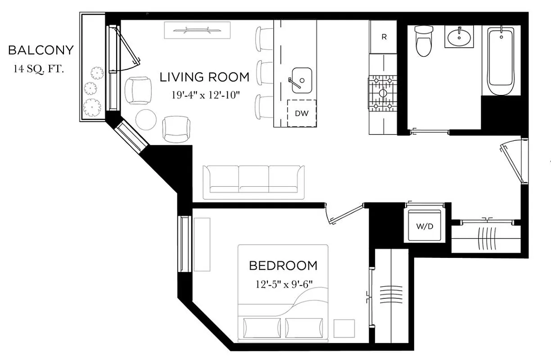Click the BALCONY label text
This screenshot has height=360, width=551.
click(41, 50)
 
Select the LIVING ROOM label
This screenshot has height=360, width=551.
click(204, 77)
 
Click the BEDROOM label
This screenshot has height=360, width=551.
click(283, 265)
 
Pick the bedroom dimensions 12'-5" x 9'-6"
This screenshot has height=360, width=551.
click(283, 284)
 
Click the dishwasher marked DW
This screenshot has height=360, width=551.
click(302, 113)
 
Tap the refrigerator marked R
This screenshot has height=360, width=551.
click(384, 37)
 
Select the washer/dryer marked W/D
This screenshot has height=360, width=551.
click(424, 226)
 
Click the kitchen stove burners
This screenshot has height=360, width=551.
click(383, 93)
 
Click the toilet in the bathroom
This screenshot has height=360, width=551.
click(423, 41)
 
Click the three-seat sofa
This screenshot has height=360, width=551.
click(253, 182)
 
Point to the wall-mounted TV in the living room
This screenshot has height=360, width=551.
click(198, 31)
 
